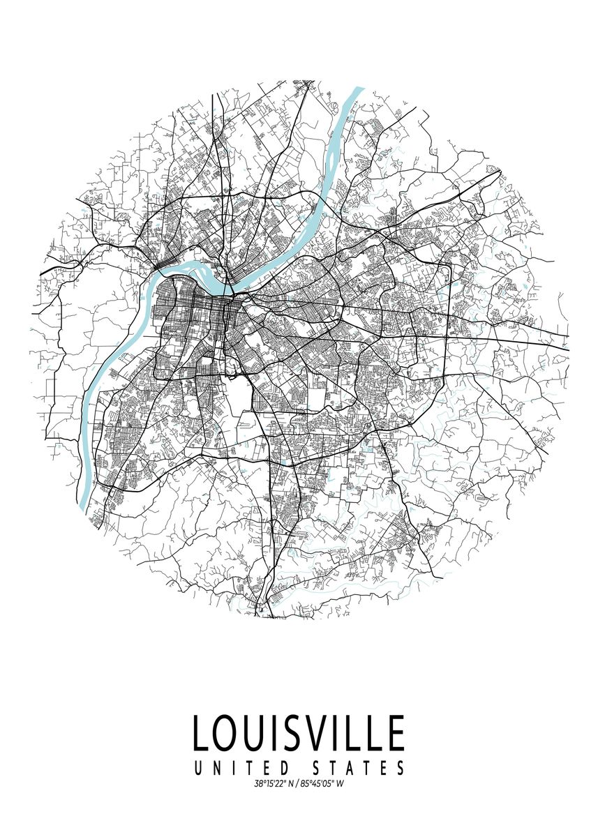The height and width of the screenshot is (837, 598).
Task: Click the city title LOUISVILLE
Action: tap(298, 733)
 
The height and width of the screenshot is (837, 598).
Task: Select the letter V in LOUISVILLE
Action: tap(329, 733)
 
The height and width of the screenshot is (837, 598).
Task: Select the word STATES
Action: tap(361, 769)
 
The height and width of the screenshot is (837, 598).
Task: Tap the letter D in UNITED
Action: tap(293, 769)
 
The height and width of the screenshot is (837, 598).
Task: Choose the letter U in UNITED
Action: tap(198, 769)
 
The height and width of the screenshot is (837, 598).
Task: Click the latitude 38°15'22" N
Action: tap(274, 784)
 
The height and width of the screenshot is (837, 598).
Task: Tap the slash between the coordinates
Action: tap(298, 784)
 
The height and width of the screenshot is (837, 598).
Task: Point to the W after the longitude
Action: tap(341, 784)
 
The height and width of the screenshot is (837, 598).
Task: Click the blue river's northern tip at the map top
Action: tap(359, 89)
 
